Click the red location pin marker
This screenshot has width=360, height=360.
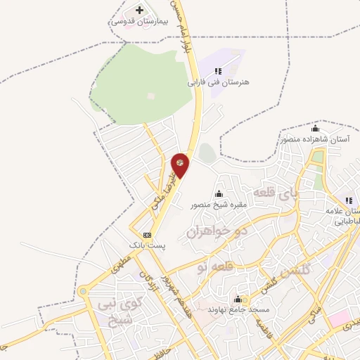point(181,163)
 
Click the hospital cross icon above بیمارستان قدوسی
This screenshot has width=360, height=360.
point(139,10)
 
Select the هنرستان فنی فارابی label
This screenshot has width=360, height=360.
point(218,82)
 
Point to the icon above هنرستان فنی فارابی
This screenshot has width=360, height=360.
point(218,71)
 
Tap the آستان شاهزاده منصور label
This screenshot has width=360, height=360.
point(315,140)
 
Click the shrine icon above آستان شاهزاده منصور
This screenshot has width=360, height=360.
point(315,129)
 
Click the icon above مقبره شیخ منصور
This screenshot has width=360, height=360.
point(219,195)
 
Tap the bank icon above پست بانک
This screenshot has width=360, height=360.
point(147,235)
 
